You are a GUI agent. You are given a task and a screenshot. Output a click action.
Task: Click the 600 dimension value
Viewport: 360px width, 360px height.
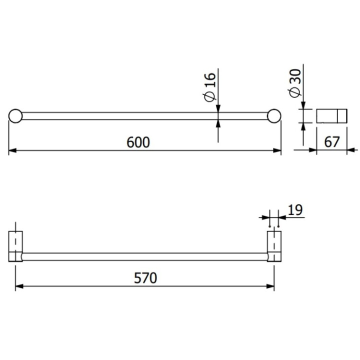point(138,142)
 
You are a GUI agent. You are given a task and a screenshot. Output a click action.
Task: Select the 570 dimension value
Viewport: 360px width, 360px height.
point(145,277)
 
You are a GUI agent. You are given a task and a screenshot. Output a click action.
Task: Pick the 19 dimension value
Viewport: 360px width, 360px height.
point(295,209)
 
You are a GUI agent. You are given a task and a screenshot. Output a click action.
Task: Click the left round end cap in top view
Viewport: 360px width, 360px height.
point(15,115)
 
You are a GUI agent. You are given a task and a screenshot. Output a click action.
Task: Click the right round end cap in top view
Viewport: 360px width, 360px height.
point(273,115)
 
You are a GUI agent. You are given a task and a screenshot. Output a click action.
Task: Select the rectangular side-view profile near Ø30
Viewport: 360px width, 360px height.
point(331,115)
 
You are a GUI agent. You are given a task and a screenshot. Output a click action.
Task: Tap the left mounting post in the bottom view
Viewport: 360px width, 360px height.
point(16,246)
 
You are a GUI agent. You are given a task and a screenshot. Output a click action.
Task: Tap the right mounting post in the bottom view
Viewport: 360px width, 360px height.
point(274,246)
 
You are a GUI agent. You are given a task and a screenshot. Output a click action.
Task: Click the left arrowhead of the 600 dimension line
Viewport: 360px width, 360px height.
point(12,150)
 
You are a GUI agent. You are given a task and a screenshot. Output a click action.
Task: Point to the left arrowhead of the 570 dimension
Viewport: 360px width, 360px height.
point(19,286)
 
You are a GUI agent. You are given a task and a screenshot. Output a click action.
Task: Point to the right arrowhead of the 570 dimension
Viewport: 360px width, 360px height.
point(271,286)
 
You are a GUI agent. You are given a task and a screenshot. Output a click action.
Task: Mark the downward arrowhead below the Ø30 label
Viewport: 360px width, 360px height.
point(303,104)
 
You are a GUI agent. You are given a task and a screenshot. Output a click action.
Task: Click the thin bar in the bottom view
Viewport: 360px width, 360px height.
point(145,257)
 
